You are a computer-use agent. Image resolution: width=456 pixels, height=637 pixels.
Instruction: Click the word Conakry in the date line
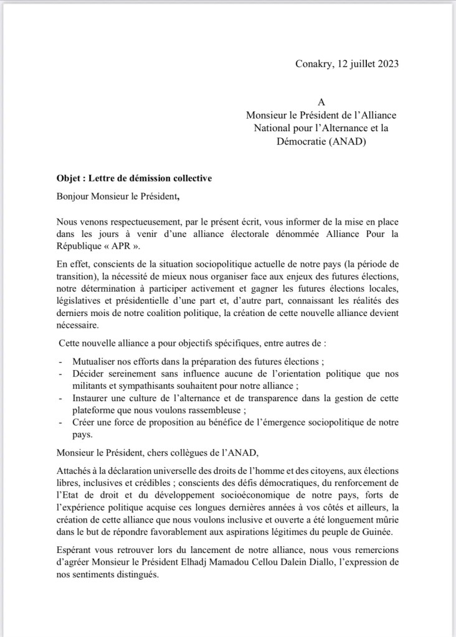[313, 64]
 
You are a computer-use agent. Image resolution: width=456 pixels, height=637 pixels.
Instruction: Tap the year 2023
[386, 64]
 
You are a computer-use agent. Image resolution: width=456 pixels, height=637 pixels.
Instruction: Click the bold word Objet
[69, 179]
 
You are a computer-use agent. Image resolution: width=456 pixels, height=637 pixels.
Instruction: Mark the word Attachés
[75, 471]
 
